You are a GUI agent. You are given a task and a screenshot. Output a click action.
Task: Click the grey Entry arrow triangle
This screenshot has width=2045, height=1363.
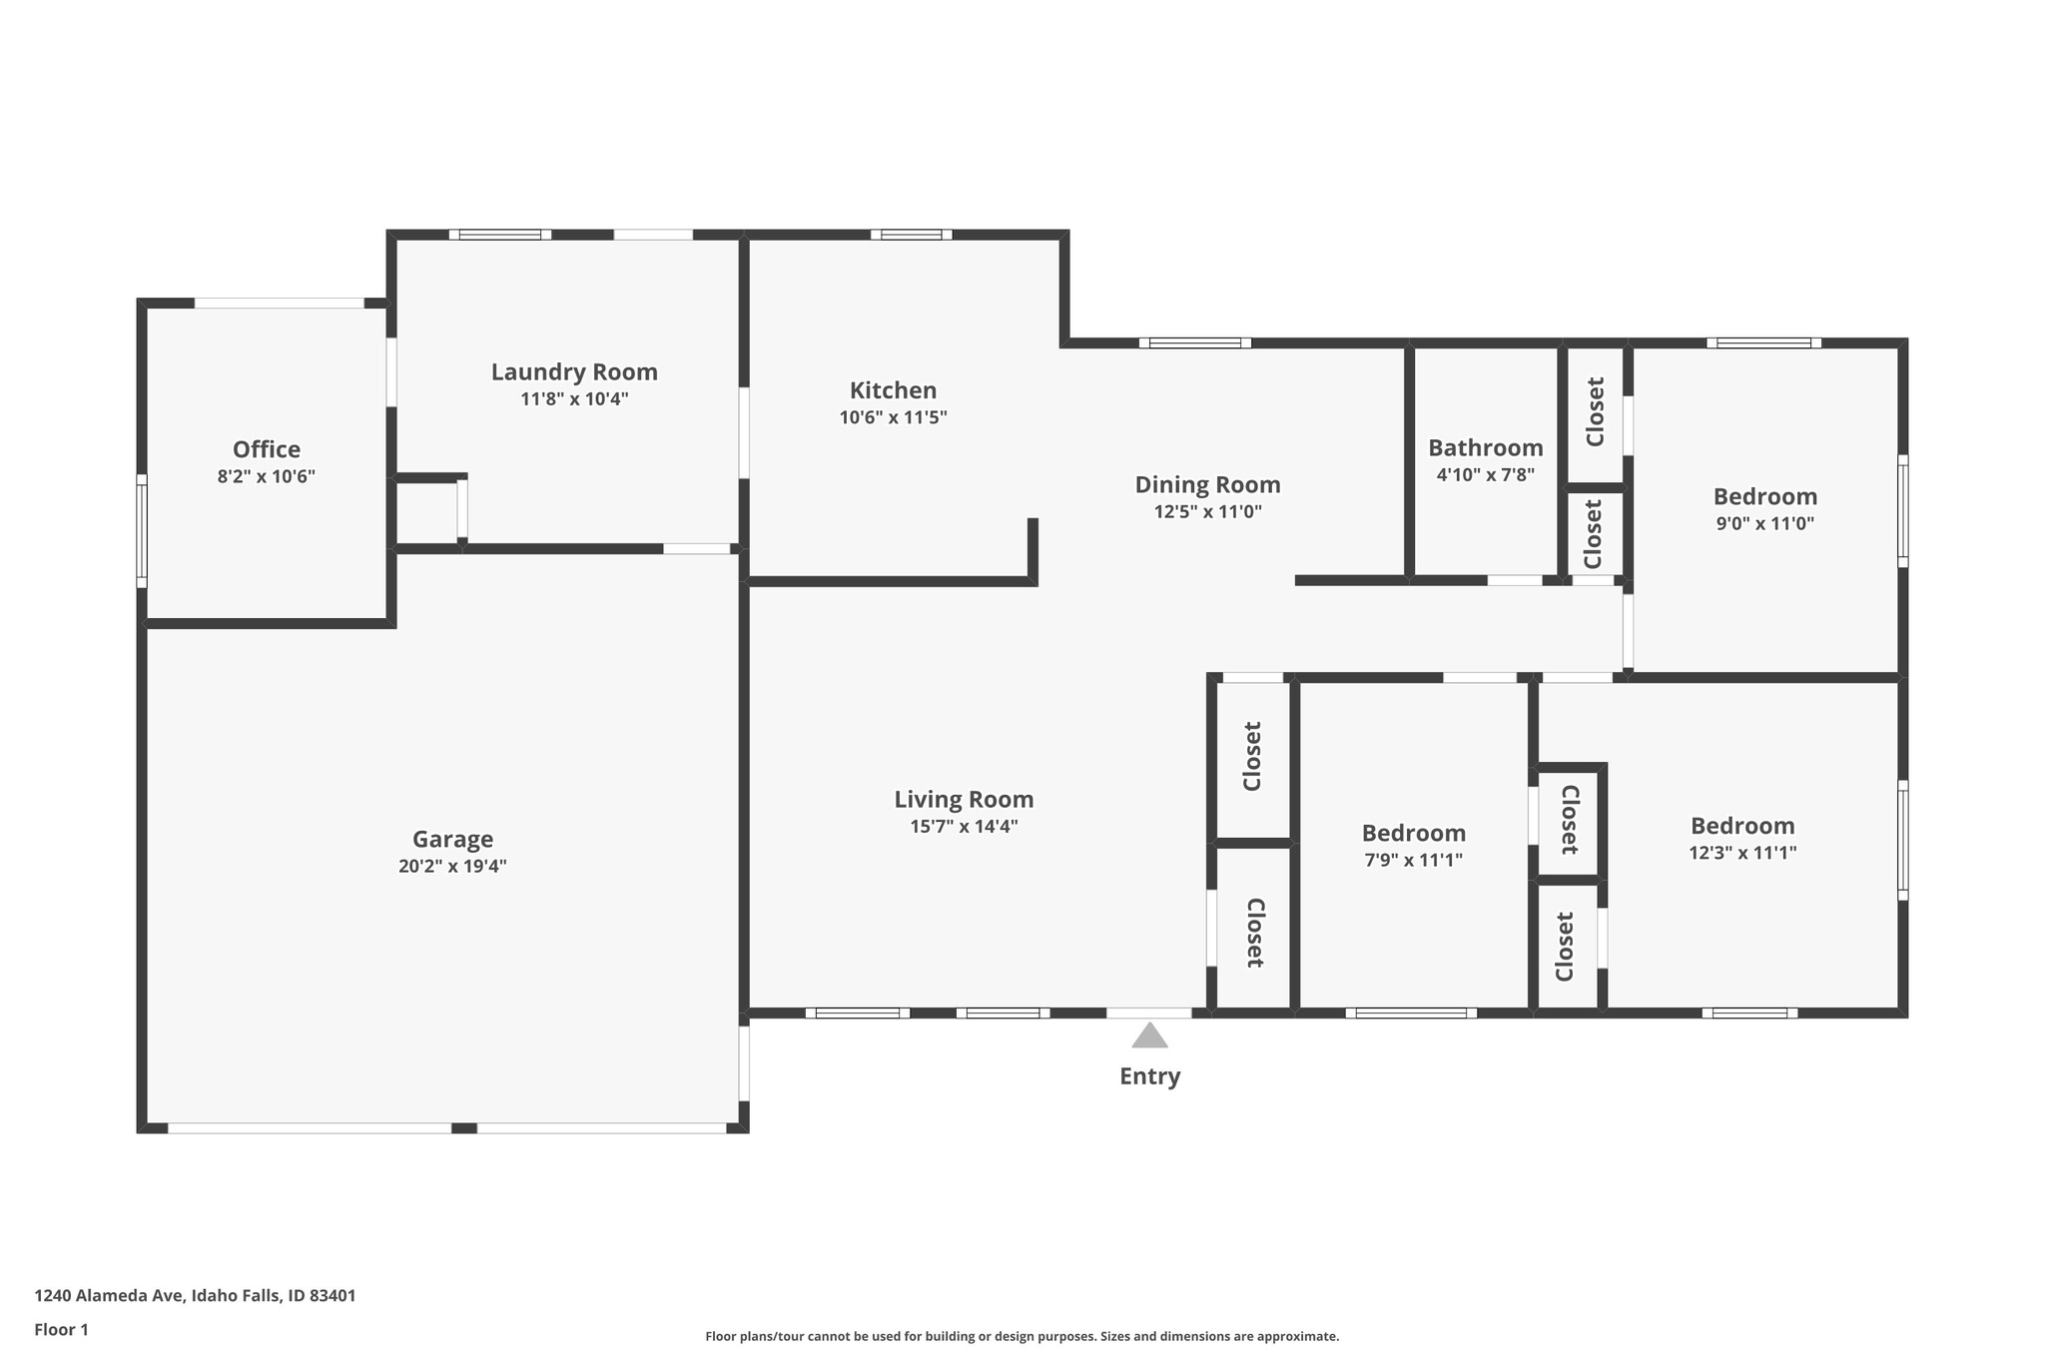pyautogui.click(x=1149, y=1036)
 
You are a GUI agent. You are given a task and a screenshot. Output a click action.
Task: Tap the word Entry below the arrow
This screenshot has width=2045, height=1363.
pyautogui.click(x=1149, y=1076)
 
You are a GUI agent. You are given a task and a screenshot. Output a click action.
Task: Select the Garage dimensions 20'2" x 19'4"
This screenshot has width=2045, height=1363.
pyautogui.click(x=452, y=866)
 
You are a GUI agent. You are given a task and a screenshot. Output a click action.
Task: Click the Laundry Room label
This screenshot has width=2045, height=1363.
pyautogui.click(x=574, y=372)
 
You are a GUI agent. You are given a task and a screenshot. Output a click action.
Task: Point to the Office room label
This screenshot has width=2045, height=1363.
pyautogui.click(x=267, y=449)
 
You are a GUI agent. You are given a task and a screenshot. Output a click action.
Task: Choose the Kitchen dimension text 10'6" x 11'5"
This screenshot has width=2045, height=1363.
pyautogui.click(x=893, y=417)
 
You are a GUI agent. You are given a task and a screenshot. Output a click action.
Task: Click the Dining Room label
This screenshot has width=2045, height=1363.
pyautogui.click(x=1207, y=485)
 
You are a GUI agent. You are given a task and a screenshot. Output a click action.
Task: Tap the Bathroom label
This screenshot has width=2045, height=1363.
pyautogui.click(x=1485, y=448)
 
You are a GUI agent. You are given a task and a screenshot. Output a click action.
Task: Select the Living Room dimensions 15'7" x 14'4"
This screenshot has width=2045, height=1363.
pyautogui.click(x=964, y=826)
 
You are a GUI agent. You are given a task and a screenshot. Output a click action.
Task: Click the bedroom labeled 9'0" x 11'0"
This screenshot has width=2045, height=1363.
pyautogui.click(x=1764, y=497)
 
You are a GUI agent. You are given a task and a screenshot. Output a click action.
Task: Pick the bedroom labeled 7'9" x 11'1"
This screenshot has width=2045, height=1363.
pyautogui.click(x=1413, y=834)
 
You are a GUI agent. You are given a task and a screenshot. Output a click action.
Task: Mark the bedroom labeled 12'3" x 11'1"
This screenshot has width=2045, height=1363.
pyautogui.click(x=1742, y=827)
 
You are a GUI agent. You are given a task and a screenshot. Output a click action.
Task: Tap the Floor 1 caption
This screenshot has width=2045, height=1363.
pyautogui.click(x=61, y=1330)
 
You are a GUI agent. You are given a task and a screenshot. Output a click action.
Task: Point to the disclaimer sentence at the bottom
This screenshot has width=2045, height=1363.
pyautogui.click(x=1022, y=1336)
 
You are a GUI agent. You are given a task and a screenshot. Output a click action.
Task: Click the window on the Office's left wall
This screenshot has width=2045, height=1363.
pyautogui.click(x=142, y=530)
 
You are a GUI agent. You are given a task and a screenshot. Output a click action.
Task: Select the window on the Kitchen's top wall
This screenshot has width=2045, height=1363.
pyautogui.click(x=911, y=235)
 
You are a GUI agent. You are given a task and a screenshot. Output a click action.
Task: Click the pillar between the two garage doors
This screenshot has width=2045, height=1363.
pyautogui.click(x=464, y=1128)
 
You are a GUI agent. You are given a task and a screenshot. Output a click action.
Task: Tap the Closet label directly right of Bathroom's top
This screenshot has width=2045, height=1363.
pyautogui.click(x=1595, y=411)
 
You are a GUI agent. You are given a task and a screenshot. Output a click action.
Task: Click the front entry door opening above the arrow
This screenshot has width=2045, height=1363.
pyautogui.click(x=1148, y=1013)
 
